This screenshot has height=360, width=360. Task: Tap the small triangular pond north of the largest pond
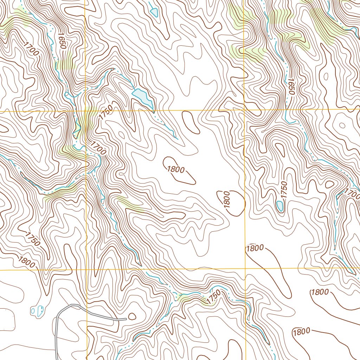pyautogui.click(x=154, y=12)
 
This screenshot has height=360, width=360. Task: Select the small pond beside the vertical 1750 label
pyautogui.click(x=280, y=206)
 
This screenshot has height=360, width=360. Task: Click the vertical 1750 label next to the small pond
pyautogui.click(x=284, y=190)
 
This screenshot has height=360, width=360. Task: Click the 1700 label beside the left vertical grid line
pyautogui.click(x=98, y=148)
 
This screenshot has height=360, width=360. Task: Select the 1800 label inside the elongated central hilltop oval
pyautogui.click(x=176, y=169)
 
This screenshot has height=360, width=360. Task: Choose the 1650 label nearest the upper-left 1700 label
pyautogui.click(x=62, y=41)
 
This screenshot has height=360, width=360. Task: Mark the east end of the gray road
pyautogui.click(x=126, y=319)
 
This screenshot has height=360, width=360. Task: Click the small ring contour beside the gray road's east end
pyautogui.click(x=132, y=317)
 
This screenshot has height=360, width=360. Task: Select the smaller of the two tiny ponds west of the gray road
pyautogui.click(x=33, y=311)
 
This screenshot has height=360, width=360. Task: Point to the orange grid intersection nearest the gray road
pyautogui.click(x=86, y=270)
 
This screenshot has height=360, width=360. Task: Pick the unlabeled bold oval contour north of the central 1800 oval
pyautogui.click(x=189, y=121)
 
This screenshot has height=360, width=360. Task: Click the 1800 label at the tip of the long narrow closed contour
pyautogui.click(x=255, y=248)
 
